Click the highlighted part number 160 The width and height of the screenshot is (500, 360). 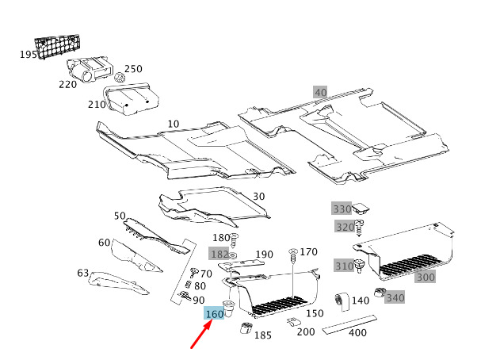214,314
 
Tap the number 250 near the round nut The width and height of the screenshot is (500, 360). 133,69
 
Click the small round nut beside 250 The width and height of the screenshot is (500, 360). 120,77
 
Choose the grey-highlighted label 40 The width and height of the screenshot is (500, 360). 320,93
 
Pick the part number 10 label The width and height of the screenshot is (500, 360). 174,124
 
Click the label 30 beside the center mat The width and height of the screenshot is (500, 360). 258,197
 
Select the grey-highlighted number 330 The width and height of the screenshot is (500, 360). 342,209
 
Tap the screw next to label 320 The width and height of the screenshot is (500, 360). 360,228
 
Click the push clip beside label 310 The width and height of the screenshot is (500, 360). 360,266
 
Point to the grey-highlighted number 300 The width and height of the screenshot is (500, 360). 426,277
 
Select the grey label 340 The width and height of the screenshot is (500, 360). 395,298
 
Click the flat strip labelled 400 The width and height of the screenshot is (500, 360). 349,324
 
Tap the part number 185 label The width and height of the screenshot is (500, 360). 263,335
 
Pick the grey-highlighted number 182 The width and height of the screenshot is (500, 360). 219,254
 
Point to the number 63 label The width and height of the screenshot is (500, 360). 83,273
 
